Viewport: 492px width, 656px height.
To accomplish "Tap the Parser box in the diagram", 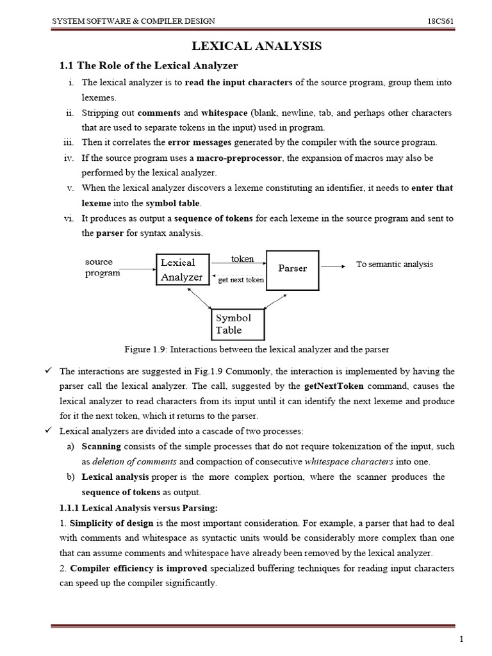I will coord(292,268).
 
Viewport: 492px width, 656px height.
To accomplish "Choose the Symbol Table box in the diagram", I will coord(233,324).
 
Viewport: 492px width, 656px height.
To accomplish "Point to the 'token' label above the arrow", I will coord(242,259).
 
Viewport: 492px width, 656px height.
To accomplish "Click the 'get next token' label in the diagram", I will coord(241,280).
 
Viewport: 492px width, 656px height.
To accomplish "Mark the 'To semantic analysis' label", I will coord(395,264).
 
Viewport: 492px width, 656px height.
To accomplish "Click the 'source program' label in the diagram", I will coord(101,267).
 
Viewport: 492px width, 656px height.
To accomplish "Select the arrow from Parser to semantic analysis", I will coord(333,265).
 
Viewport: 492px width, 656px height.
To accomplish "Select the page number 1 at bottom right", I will coord(461,640).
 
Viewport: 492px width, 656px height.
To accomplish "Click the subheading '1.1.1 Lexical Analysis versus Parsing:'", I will coord(138,508).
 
